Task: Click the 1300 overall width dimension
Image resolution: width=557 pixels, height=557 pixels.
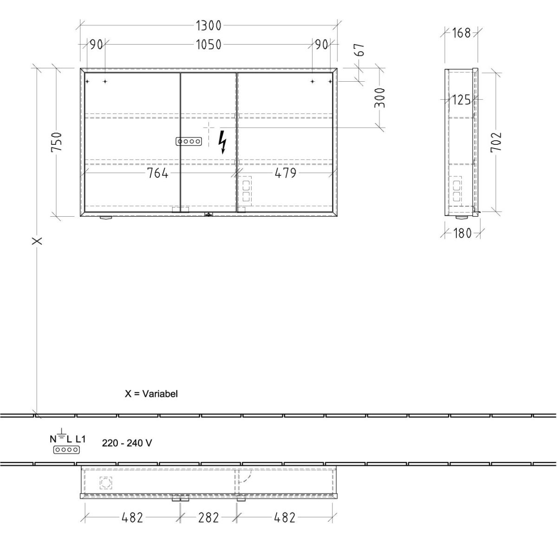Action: [x=208, y=26]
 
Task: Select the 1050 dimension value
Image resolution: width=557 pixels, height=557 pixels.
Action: [x=208, y=45]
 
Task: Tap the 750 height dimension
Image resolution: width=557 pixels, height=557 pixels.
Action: [x=57, y=142]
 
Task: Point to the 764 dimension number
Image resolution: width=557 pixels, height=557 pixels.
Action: [x=157, y=174]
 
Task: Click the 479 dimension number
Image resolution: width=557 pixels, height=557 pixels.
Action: [x=285, y=174]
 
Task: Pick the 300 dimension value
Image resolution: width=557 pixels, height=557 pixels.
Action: [x=380, y=98]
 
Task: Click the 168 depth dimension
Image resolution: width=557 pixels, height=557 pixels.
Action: [x=461, y=33]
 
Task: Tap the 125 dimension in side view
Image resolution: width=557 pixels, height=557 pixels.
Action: [x=461, y=100]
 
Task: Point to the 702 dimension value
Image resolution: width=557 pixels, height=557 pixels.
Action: [x=496, y=142]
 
